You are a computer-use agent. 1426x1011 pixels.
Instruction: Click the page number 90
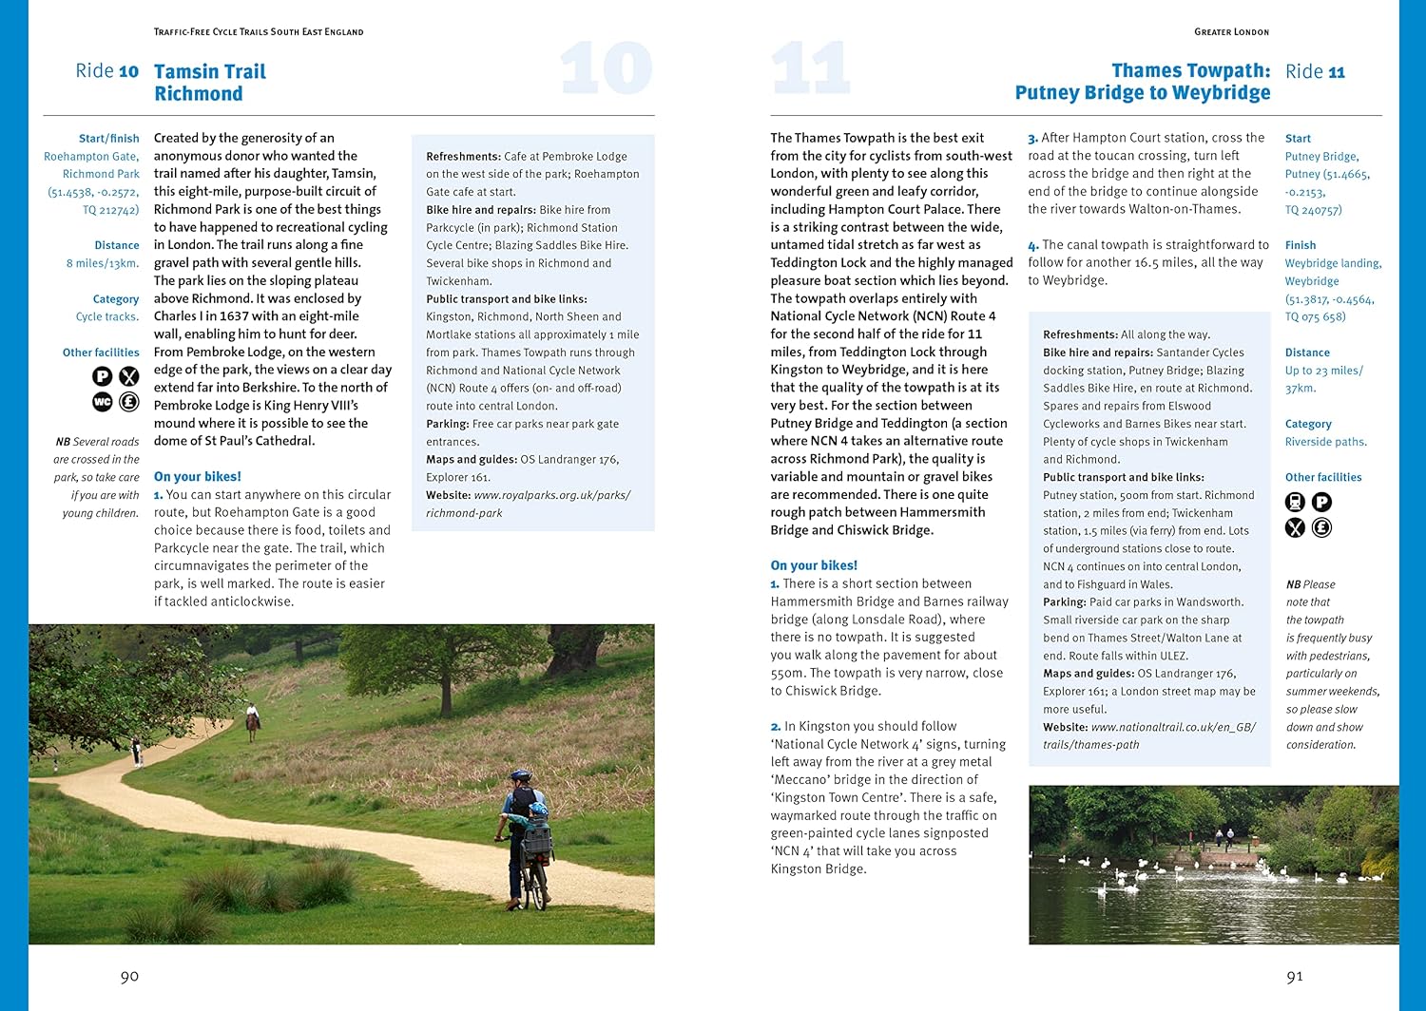pyautogui.click(x=129, y=977)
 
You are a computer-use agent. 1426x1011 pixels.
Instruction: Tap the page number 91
pyautogui.click(x=1294, y=977)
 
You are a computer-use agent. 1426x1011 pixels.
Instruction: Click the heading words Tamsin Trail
pyautogui.click(x=210, y=72)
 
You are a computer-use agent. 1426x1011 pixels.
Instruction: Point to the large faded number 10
pyautogui.click(x=606, y=68)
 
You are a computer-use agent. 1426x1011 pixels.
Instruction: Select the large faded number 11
pyautogui.click(x=809, y=68)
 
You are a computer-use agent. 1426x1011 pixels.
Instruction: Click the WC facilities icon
pyautogui.click(x=102, y=402)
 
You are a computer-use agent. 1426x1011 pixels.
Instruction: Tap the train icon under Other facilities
pyautogui.click(x=1295, y=502)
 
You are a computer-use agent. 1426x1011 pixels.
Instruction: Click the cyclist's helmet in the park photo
pyautogui.click(x=520, y=775)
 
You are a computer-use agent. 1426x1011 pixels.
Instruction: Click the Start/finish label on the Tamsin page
pyautogui.click(x=108, y=139)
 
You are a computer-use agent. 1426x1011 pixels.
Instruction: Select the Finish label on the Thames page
pyautogui.click(x=1300, y=245)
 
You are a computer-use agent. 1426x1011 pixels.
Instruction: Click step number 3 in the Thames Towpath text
pyautogui.click(x=1032, y=139)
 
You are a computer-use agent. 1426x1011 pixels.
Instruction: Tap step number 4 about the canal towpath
pyautogui.click(x=1032, y=246)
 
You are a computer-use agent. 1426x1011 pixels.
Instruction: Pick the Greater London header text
pyautogui.click(x=1231, y=32)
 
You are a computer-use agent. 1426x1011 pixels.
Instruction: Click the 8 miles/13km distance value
pyautogui.click(x=102, y=263)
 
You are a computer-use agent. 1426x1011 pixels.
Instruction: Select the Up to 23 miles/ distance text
pyautogui.click(x=1323, y=371)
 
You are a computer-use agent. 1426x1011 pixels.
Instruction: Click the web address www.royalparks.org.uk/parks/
pyautogui.click(x=551, y=495)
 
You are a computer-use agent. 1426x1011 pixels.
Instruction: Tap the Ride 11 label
pyautogui.click(x=1315, y=72)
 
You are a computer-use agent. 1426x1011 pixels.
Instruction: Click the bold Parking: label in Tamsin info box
pyautogui.click(x=447, y=424)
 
